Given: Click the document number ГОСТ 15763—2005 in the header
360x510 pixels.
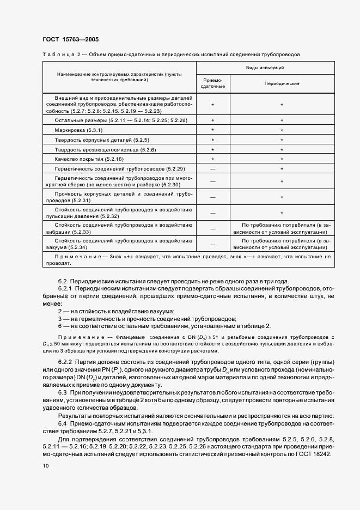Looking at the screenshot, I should coord(70,40).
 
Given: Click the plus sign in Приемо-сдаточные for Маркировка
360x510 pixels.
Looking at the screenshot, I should coord(213,131).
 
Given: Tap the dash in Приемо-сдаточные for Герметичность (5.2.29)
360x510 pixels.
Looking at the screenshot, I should coord(213,168).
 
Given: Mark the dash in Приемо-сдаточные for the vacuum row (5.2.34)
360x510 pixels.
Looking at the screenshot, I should coord(213,244).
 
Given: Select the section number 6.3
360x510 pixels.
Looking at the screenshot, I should coord(62,392).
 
